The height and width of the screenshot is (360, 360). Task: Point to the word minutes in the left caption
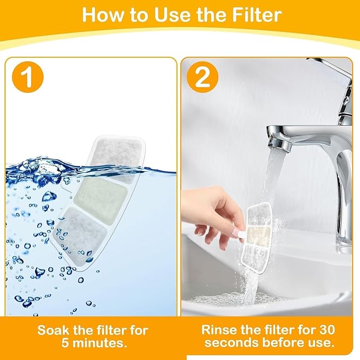(101, 343)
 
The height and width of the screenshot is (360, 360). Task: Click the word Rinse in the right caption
(219, 330)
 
